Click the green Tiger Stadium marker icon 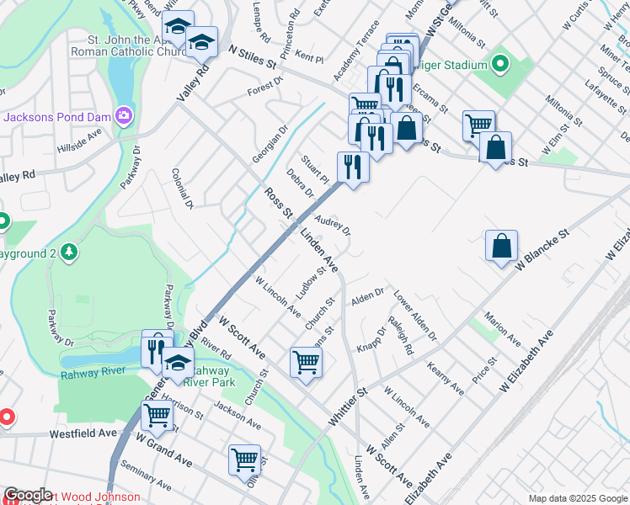(499, 65)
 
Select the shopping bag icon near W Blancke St (501, 246)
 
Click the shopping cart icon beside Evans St (306, 362)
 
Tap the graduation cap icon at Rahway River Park (178, 364)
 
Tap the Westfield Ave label (82, 433)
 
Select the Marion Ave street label (502, 329)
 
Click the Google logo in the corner (28, 495)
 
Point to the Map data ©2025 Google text (577, 498)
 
